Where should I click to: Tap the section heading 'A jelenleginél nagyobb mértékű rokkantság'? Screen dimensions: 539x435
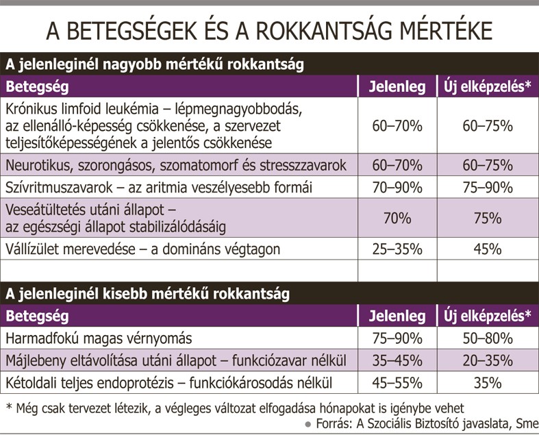tap(155, 64)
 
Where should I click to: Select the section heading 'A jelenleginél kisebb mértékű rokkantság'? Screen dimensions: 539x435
tap(147, 294)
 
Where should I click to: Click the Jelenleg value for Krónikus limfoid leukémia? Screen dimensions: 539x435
tap(397, 126)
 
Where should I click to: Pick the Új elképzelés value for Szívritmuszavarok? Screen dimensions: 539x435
tap(488, 188)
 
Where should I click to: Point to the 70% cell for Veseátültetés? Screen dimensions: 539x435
tap(397, 219)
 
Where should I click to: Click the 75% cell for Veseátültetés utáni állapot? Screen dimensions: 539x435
tap(488, 219)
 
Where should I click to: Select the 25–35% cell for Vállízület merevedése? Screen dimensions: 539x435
tap(397, 249)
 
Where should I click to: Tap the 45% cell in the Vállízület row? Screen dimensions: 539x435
tap(488, 249)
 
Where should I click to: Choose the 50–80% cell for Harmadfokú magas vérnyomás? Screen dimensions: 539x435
tap(488, 338)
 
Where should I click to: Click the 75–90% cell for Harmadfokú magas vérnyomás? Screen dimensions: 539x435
tap(397, 338)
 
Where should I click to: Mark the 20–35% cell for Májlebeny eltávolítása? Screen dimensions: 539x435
tap(488, 361)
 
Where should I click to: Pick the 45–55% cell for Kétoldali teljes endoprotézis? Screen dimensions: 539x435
tap(397, 383)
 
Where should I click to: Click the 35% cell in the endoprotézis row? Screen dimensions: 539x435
tap(488, 383)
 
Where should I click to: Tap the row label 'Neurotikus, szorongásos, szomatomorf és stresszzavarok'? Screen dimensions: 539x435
tap(176, 165)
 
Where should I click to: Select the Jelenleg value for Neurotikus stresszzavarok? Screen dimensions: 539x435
tap(397, 165)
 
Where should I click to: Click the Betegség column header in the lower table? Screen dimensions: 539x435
tap(37, 316)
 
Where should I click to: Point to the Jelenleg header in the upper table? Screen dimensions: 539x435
tap(397, 86)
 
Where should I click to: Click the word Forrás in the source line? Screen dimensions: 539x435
tap(334, 423)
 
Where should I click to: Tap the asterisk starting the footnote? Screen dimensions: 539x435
tap(10, 407)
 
